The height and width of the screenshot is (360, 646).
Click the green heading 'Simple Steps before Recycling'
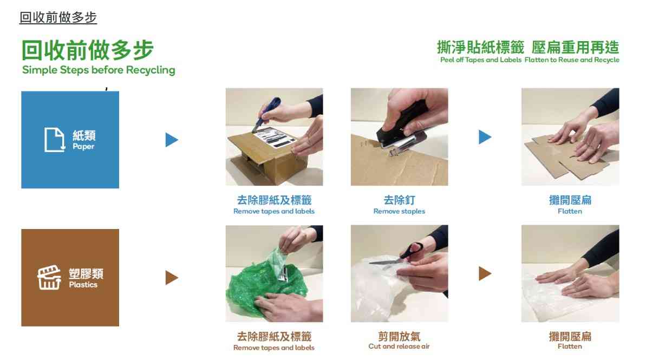[99, 70]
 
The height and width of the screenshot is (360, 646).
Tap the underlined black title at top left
[58, 18]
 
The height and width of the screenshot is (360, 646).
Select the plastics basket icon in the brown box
[49, 278]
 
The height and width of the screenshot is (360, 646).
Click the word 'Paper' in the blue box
[83, 147]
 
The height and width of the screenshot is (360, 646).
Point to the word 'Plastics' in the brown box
[83, 285]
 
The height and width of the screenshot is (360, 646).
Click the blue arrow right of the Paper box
[172, 140]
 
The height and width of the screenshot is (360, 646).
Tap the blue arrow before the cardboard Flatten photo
[485, 137]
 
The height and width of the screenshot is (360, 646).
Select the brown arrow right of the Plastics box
[172, 278]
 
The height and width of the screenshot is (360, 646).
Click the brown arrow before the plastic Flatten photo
[485, 274]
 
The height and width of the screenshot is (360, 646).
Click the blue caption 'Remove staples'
[399, 211]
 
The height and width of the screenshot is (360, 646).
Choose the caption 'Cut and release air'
[399, 346]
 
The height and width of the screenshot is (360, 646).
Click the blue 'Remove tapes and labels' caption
[274, 211]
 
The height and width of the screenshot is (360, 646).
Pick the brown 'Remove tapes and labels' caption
[274, 348]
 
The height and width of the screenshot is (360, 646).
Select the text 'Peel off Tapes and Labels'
[481, 60]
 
